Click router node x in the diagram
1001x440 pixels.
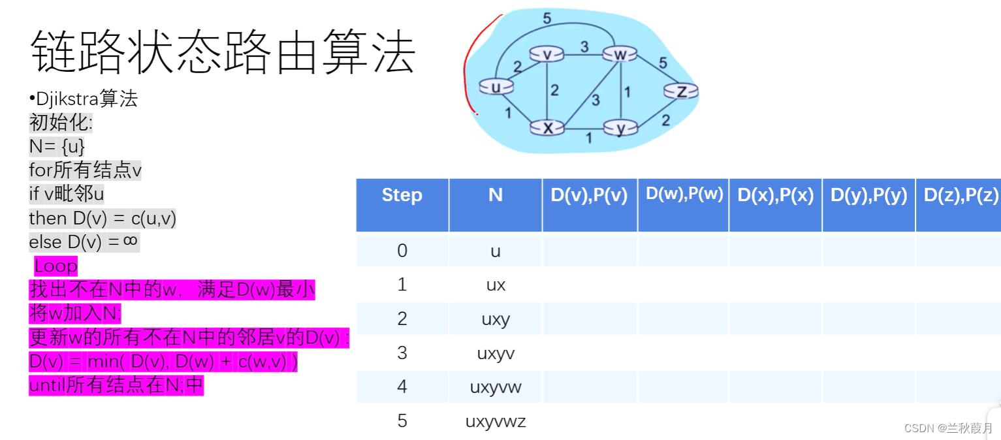[547, 128]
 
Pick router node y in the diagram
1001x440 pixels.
[620, 129]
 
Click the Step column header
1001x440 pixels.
[402, 195]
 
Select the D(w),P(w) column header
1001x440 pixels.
[684, 194]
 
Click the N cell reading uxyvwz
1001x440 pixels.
[496, 421]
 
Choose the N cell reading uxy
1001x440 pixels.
[496, 319]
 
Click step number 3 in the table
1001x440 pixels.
[402, 353]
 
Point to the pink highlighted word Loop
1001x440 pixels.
[56, 266]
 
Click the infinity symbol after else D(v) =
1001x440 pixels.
[131, 242]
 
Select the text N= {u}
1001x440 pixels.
[57, 147]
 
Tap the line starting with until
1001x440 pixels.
[116, 386]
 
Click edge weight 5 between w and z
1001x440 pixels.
[663, 63]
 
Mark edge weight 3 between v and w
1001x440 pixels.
[584, 46]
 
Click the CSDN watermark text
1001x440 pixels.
[948, 428]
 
